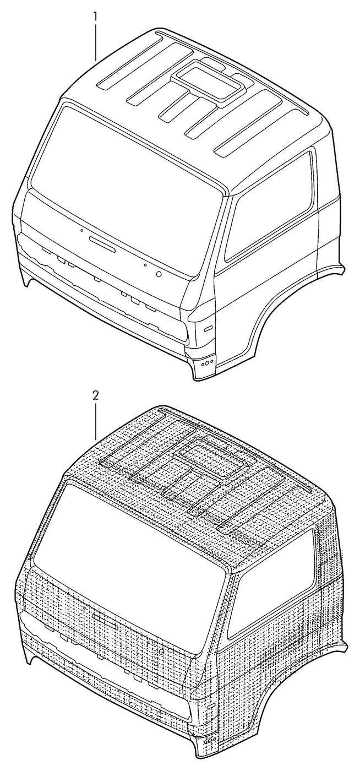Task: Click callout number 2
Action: click(x=95, y=395)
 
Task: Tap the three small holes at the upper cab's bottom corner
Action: click(x=208, y=362)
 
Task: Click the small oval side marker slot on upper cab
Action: click(x=209, y=329)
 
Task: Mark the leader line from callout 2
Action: click(x=95, y=421)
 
